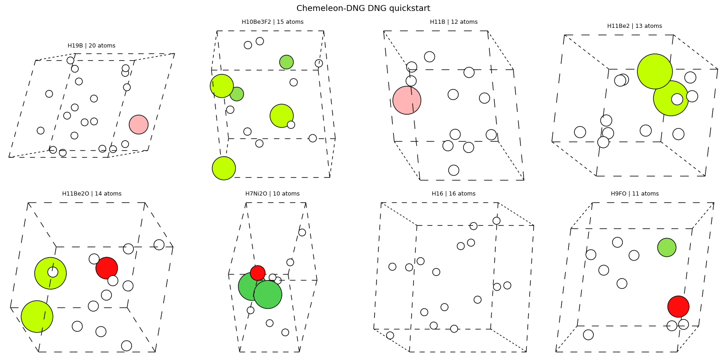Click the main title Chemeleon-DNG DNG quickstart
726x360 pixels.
click(x=363, y=8)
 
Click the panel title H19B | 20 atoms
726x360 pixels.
click(x=91, y=46)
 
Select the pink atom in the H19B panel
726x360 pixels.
click(x=138, y=124)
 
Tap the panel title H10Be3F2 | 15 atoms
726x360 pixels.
click(x=272, y=22)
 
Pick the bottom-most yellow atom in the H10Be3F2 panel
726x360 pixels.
click(x=224, y=168)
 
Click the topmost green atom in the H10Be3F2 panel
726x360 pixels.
click(x=286, y=62)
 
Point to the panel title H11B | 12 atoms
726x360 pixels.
click(x=453, y=22)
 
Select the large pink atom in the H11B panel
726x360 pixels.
click(x=407, y=100)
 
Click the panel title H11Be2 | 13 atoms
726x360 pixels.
click(x=634, y=26)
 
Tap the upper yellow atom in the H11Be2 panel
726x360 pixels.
click(x=654, y=71)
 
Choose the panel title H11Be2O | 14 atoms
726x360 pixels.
click(x=92, y=194)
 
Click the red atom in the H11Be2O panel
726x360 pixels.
click(x=106, y=268)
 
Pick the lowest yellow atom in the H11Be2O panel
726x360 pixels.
click(x=37, y=316)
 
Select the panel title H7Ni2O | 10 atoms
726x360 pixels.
click(x=272, y=194)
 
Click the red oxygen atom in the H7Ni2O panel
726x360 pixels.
click(x=258, y=273)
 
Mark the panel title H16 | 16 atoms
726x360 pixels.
click(x=453, y=194)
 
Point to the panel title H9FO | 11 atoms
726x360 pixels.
click(x=634, y=194)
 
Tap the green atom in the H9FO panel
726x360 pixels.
click(x=667, y=247)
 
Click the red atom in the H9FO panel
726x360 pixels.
click(x=678, y=306)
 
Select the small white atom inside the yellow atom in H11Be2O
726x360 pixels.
click(x=53, y=272)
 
